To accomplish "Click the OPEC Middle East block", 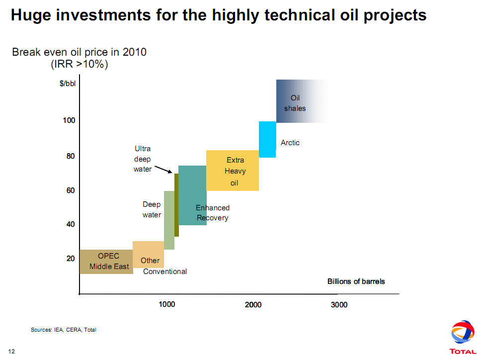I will click(x=106, y=262).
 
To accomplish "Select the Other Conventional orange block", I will click(x=148, y=254).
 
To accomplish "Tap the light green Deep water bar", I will click(x=169, y=220).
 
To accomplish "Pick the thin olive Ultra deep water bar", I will click(x=176, y=205).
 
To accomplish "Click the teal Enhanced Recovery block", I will click(x=192, y=195).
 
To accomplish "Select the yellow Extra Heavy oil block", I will click(x=232, y=171).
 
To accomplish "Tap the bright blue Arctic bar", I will click(x=267, y=139).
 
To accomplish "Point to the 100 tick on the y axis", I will click(x=69, y=120).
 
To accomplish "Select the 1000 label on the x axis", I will click(x=167, y=304).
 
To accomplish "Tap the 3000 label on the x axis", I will click(x=339, y=304).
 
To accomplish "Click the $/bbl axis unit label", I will click(x=68, y=84).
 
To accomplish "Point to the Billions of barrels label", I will click(x=356, y=281).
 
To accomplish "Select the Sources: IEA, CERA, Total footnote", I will click(x=63, y=330).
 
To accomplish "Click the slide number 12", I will click(x=11, y=352).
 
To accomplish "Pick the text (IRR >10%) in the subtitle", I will click(x=80, y=64).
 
